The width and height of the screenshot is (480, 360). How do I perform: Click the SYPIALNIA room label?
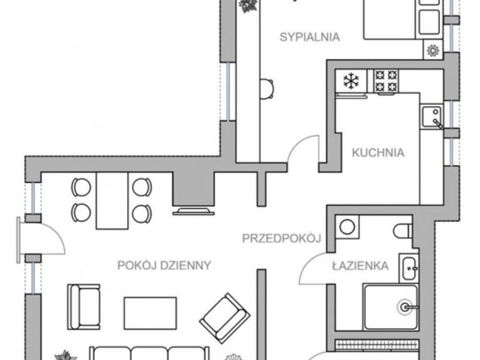click(x=310, y=37)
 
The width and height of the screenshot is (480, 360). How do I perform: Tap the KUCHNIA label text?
click(x=378, y=152)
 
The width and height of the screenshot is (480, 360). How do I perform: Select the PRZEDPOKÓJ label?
click(x=281, y=238)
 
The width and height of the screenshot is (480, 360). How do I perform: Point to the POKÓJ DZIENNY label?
click(x=164, y=265)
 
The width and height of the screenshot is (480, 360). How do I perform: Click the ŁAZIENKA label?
click(x=361, y=265)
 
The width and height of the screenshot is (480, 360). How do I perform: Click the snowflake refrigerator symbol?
click(x=351, y=81)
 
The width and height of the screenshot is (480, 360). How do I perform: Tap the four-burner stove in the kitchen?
click(x=386, y=81)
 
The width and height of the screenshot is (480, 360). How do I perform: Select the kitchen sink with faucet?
click(x=431, y=116)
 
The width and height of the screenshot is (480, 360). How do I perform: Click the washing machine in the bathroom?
click(x=347, y=227)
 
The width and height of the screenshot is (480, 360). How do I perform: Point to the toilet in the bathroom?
click(x=403, y=231)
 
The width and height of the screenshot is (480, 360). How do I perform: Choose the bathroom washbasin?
click(x=409, y=268)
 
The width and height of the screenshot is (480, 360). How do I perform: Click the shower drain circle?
click(x=405, y=307)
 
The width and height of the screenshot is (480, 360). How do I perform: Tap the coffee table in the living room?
click(x=150, y=313)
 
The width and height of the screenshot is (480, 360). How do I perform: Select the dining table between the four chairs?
click(x=112, y=200)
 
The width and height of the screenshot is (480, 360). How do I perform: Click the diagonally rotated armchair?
click(x=224, y=319)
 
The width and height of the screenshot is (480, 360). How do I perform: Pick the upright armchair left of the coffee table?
click(x=83, y=307)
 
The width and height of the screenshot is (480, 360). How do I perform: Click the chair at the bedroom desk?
click(x=267, y=89)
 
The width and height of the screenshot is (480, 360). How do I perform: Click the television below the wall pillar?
click(x=193, y=211)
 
